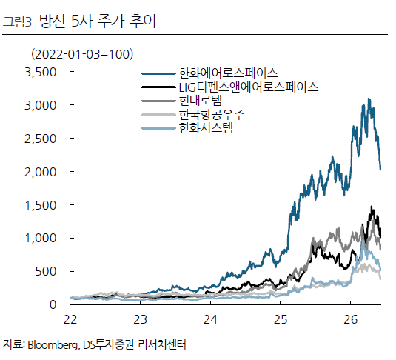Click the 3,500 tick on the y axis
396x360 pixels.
coord(41,73)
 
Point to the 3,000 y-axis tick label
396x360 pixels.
coord(41,105)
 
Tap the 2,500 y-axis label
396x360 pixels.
coord(41,139)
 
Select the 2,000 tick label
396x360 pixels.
coord(41,172)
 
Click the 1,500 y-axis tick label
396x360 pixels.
coord(41,205)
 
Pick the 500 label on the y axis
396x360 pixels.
coord(46,272)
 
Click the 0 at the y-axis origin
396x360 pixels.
coord(53,304)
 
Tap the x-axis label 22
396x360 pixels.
coord(70,320)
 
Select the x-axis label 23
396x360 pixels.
coord(140,320)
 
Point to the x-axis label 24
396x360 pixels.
coord(210,320)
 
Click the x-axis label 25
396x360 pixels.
coord(281,320)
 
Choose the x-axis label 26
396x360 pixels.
coord(351,320)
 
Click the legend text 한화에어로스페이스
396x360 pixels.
coord(228,73)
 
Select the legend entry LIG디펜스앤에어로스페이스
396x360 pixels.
coord(249,87)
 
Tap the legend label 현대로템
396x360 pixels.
coord(201,101)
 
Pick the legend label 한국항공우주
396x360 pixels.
coord(212,115)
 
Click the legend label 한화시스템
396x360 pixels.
coord(206,128)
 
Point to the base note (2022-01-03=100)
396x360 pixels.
coord(82,54)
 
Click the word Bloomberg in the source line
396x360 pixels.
coord(53,345)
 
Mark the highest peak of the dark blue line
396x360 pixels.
coord(369,99)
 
